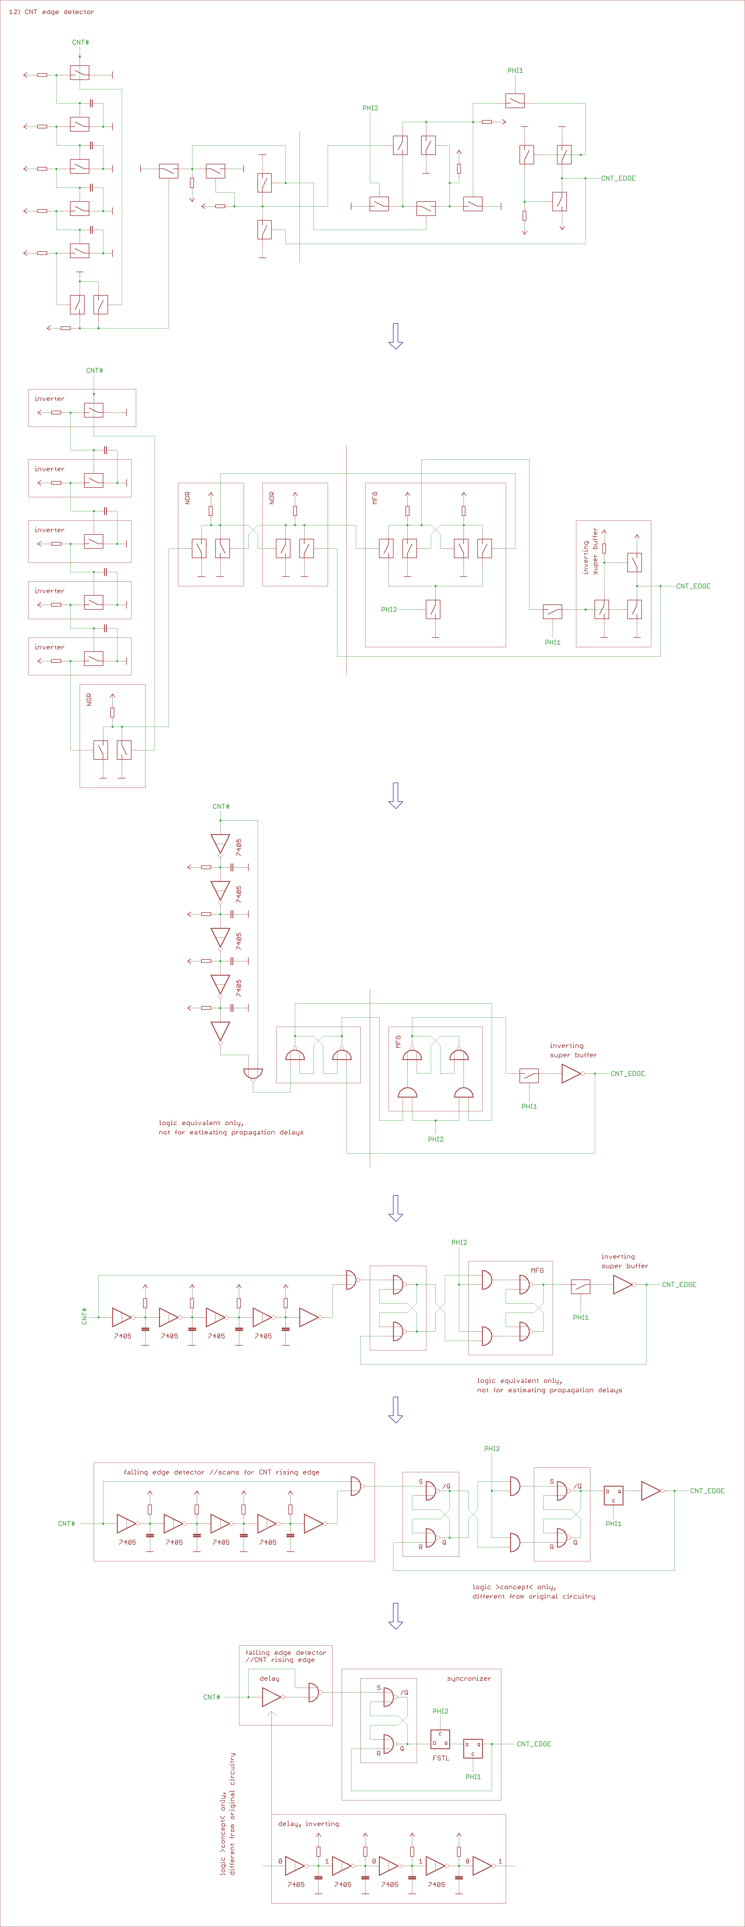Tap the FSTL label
point(440,1758)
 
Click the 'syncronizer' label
point(468,1679)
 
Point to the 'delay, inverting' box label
point(308,1824)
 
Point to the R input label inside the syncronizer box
point(379,1753)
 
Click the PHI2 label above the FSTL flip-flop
point(440,1711)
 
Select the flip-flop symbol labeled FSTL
point(440,1739)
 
